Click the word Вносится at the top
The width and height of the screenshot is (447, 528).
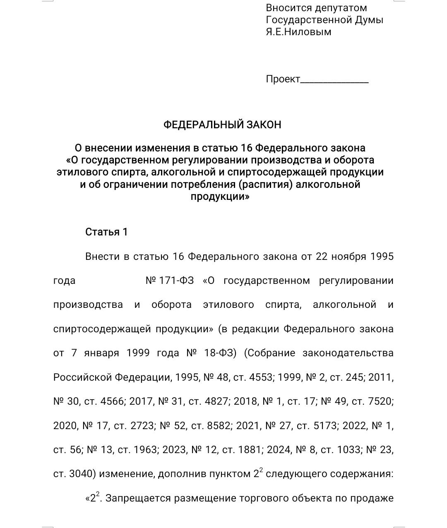click(x=286, y=8)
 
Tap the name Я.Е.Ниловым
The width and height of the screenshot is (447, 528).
click(x=298, y=32)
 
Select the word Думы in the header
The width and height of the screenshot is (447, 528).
click(x=369, y=20)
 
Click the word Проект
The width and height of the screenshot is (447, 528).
click(x=283, y=79)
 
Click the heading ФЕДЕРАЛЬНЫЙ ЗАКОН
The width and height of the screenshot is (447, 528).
click(x=222, y=125)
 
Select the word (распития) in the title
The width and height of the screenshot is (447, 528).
click(x=265, y=184)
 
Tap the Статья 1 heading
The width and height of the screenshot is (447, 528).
click(x=106, y=232)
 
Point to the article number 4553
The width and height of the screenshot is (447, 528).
click(x=261, y=377)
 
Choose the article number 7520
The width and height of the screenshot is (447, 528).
click(x=380, y=401)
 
